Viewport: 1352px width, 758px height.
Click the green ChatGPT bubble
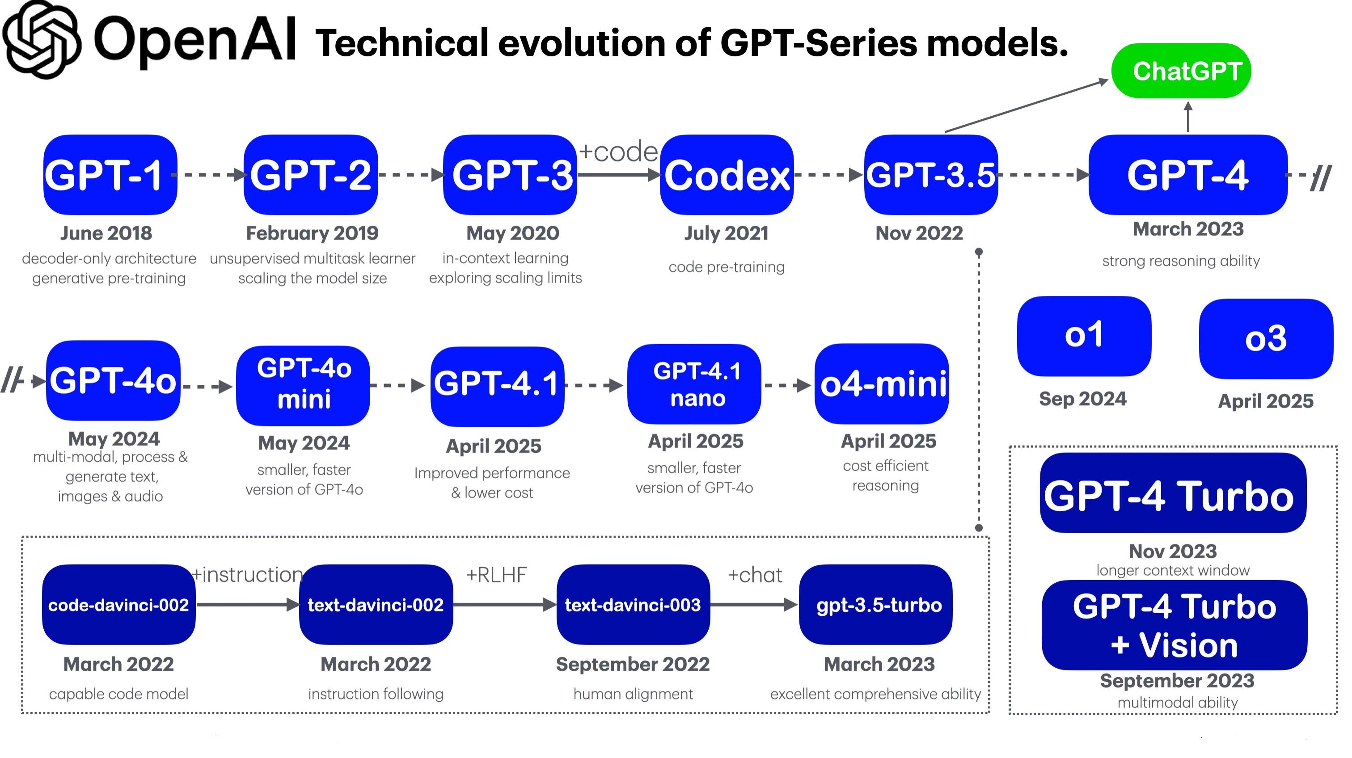tap(1181, 71)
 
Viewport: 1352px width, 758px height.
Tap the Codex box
tap(727, 175)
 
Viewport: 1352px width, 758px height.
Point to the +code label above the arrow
tap(618, 152)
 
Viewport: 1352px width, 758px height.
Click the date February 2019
tap(312, 233)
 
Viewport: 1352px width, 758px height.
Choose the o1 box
tap(1084, 336)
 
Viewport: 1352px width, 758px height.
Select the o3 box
tap(1265, 339)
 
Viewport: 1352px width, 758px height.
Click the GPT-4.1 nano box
tap(694, 384)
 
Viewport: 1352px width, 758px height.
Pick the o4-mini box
tap(882, 384)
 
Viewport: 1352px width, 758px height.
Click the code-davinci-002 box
tap(118, 605)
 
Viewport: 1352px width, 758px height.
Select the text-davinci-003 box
tap(633, 605)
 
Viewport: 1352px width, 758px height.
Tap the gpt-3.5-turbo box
tap(875, 605)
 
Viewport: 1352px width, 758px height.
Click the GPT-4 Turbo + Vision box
tap(1174, 625)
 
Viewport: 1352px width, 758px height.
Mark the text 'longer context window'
tap(1173, 570)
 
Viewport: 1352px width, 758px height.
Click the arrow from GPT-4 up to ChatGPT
tap(1188, 117)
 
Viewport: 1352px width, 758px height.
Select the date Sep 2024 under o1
tap(1083, 399)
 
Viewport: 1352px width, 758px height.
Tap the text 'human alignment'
tap(633, 694)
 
